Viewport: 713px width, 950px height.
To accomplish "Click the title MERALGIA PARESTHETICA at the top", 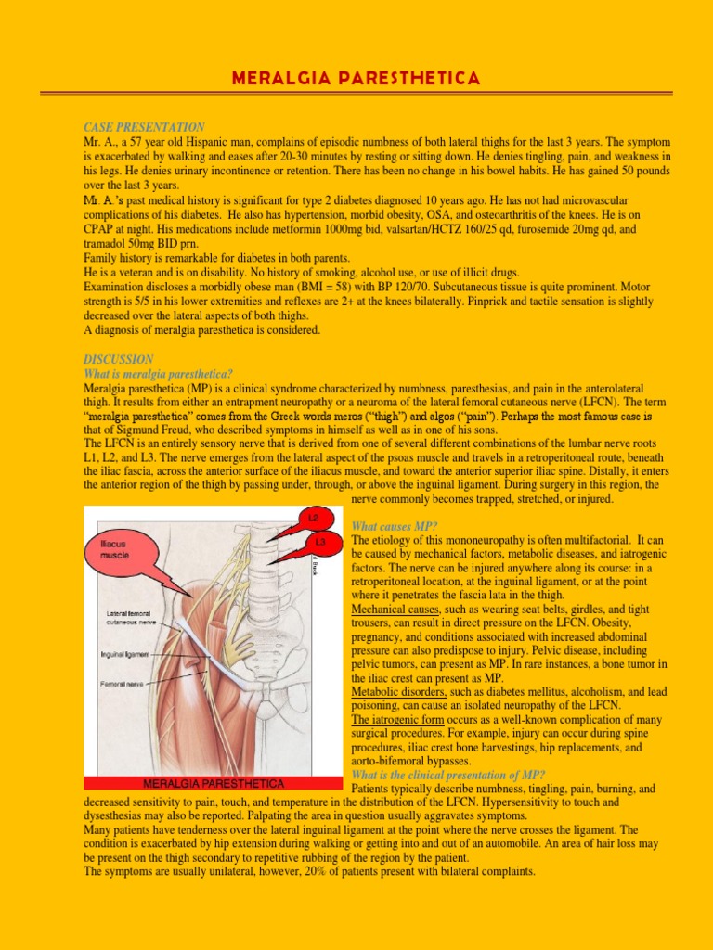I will click(x=356, y=78).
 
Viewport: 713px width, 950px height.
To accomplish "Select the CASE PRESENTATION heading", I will click(x=144, y=127).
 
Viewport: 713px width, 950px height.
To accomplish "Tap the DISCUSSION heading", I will click(x=119, y=359).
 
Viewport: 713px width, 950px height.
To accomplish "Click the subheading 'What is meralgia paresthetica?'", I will click(x=158, y=373).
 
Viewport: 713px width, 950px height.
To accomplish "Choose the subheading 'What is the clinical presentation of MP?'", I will click(x=448, y=776).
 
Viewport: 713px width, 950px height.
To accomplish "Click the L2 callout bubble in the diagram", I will click(x=313, y=516).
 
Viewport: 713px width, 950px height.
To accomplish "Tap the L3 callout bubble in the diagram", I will click(x=320, y=541).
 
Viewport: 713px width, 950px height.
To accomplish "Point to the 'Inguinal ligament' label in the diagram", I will click(x=125, y=654).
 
